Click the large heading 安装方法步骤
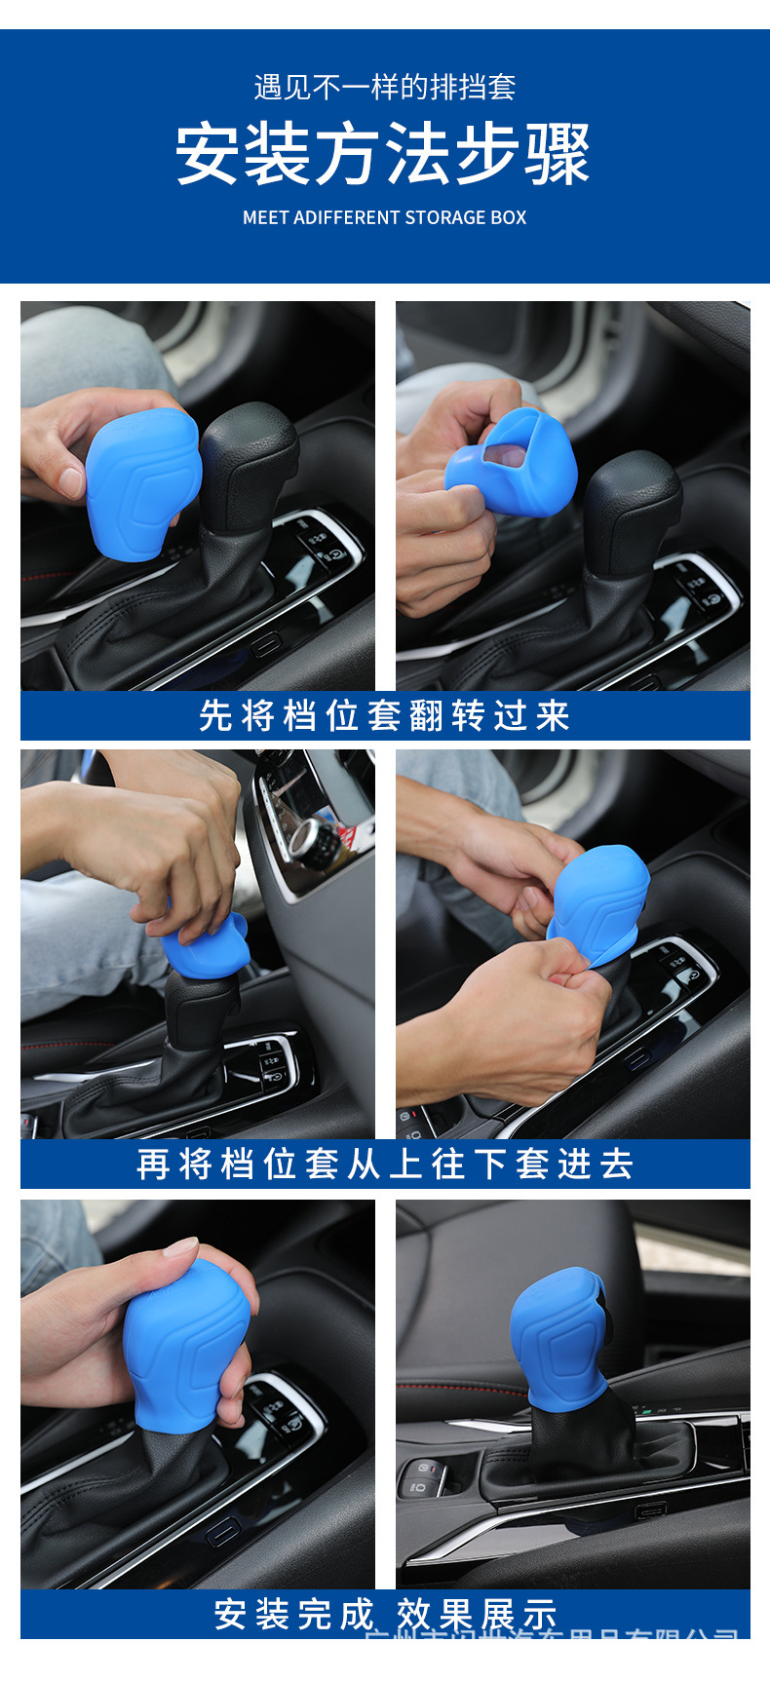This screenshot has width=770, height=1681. pyautogui.click(x=383, y=154)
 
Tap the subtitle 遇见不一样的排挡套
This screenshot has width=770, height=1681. pyautogui.click(x=384, y=88)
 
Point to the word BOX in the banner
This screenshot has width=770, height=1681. pyautogui.click(x=509, y=217)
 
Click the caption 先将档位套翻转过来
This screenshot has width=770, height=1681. pyautogui.click(x=384, y=716)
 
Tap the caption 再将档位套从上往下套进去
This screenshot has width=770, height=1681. pyautogui.click(x=384, y=1165)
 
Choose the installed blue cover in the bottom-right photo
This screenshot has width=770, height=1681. pyautogui.click(x=558, y=1335)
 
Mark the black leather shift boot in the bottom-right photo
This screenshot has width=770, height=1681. pyautogui.click(x=583, y=1437)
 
